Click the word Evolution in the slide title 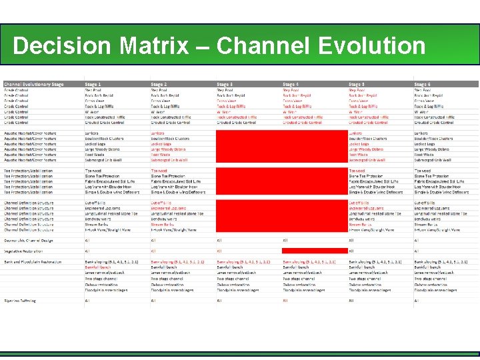pos(372,46)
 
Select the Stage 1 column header pos(93,84)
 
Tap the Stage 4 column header pos(291,84)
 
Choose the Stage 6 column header pos(423,84)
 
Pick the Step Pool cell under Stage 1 pos(93,90)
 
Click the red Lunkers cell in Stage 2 pos(157,133)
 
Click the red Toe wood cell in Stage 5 pos(357,170)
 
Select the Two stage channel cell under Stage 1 pos(99,279)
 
